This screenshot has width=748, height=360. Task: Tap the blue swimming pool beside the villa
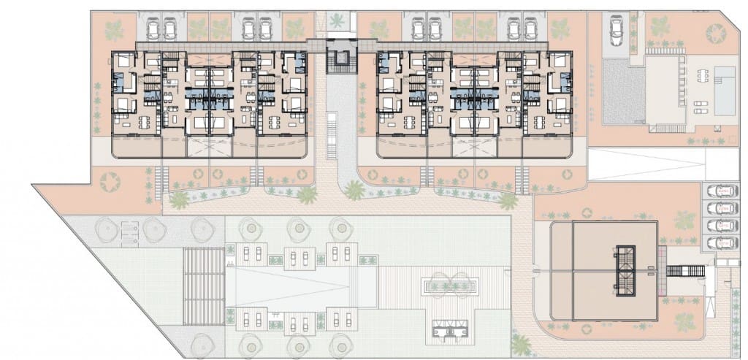pos(725,90)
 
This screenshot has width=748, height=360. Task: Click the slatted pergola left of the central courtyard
pos(205,286)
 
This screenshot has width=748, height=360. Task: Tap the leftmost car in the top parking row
pos(155,28)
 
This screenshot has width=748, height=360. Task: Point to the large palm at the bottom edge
pos(522,343)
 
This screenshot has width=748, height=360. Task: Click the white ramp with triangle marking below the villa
pos(646,165)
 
